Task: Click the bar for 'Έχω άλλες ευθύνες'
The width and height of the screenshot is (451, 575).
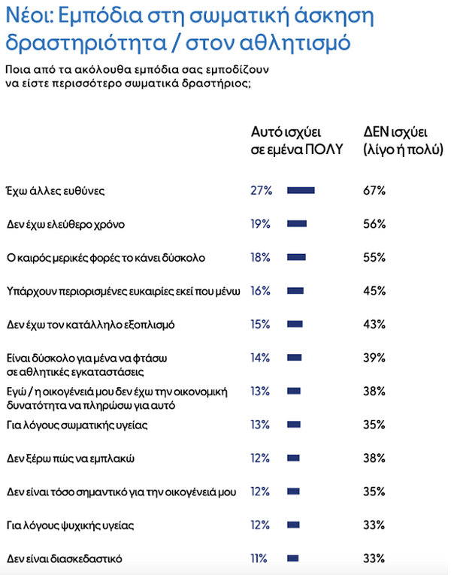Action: coord(301,190)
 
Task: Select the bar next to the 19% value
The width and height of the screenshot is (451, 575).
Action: coord(297,223)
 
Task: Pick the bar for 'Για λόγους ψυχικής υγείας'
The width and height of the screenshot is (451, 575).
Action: coord(294,525)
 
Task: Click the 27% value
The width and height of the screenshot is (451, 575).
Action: coord(261,190)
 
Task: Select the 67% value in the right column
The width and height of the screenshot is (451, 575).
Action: coord(374,190)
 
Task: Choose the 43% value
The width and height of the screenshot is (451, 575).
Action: coord(374,324)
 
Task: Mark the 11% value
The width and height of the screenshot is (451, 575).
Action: coord(260,558)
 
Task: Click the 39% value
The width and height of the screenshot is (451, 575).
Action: coord(374,358)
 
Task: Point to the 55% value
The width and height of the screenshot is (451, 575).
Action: coord(374,257)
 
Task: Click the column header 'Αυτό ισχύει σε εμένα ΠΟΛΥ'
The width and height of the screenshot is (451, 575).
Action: coord(295,140)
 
